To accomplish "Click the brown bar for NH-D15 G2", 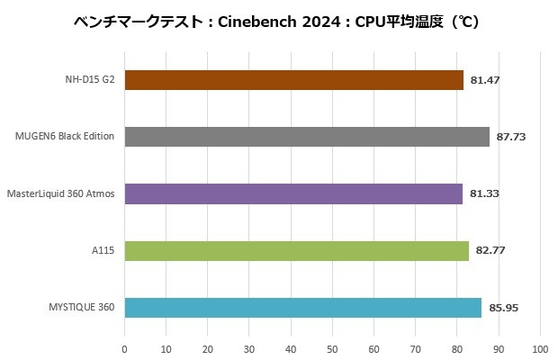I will coord(293,80).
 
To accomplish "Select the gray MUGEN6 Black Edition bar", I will coord(306,137).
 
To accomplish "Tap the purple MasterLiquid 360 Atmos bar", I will coord(292,193).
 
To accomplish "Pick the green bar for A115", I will coord(296,251).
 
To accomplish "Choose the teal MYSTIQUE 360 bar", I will coord(302,308).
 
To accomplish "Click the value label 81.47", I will coord(486,80).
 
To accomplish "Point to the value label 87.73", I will coord(511,137).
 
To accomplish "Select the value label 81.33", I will coord(485,193).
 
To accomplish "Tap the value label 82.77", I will coord(490,251).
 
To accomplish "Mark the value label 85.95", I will coord(504,308).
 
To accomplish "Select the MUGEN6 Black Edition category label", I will coord(65,137).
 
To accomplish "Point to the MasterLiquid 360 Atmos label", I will coord(60,193).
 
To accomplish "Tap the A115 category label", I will coord(103,251).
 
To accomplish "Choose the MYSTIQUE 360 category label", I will coord(83,308).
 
